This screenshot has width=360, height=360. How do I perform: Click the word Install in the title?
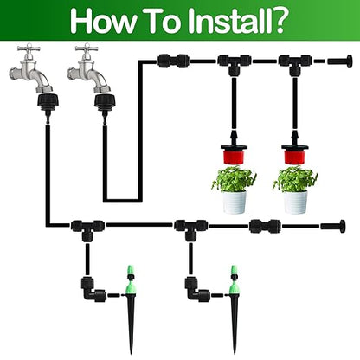coord(228,20)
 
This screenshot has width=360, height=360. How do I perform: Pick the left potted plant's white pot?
coord(234,202)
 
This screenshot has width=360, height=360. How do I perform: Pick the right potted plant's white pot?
coord(295,202)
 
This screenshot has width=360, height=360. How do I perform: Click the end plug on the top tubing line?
coord(340,61)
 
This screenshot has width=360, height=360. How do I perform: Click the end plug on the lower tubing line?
coord(333,227)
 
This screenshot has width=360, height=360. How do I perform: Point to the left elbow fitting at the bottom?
coord(91,288)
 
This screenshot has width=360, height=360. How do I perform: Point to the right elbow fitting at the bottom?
coord(194,288)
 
